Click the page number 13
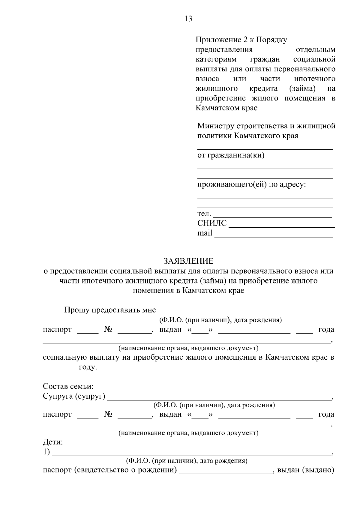coord(188,19)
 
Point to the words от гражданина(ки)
coord(231,155)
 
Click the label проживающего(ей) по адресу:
coord(251,184)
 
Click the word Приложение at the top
coord(217,40)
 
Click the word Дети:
coord(53,442)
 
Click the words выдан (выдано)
coord(305,470)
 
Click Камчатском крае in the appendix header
coord(226,108)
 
